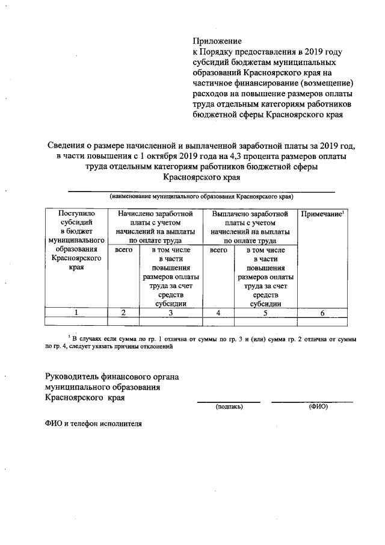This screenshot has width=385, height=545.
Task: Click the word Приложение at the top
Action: pyautogui.click(x=217, y=42)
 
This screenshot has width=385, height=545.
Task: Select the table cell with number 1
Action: pyautogui.click(x=76, y=313)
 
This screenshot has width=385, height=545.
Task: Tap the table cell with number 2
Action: pyautogui.click(x=123, y=313)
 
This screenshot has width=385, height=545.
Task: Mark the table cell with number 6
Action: pyautogui.click(x=322, y=313)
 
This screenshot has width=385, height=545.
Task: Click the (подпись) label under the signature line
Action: pyautogui.click(x=229, y=406)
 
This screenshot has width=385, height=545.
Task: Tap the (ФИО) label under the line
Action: pyautogui.click(x=318, y=406)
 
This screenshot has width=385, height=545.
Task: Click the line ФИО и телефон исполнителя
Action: pyautogui.click(x=93, y=423)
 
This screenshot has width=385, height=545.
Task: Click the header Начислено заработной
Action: pyautogui.click(x=156, y=214)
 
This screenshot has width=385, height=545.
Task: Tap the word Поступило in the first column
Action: pyautogui.click(x=76, y=214)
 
